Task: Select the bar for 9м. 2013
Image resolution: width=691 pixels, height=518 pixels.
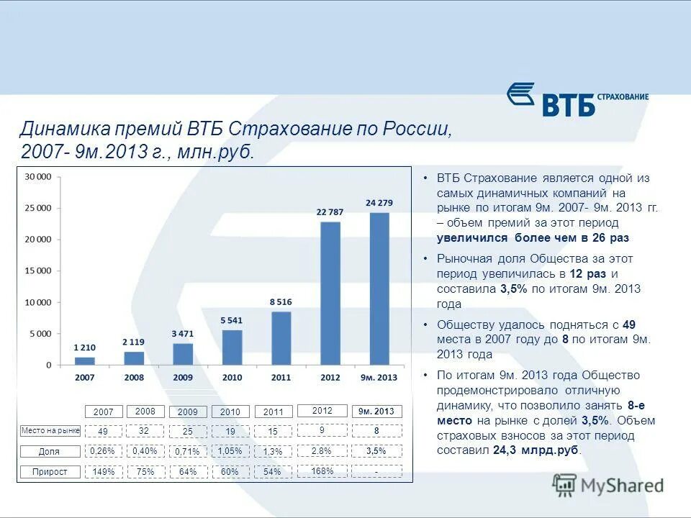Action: point(379,288)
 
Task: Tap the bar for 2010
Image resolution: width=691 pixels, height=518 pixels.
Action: point(232,347)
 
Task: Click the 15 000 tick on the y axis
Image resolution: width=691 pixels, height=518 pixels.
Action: point(39,271)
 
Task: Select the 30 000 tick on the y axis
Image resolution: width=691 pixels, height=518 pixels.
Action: point(39,176)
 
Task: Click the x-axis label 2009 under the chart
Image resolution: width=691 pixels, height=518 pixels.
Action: point(183,377)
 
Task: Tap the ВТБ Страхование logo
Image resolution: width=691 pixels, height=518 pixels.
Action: point(578,99)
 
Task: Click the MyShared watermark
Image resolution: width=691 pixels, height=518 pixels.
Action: point(608,485)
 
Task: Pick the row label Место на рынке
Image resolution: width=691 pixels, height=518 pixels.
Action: point(50,431)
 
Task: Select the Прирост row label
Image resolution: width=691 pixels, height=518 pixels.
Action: point(50,472)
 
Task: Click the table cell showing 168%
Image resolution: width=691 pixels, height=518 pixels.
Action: point(322,471)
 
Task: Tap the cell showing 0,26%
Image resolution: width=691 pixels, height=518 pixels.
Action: point(103,450)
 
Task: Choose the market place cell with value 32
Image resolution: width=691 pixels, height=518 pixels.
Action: point(145,430)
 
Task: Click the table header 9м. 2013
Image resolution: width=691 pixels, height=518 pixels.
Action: point(376,412)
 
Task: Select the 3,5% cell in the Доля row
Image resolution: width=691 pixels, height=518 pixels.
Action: point(376,450)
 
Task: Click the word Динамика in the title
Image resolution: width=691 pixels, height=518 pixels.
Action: point(65,130)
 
